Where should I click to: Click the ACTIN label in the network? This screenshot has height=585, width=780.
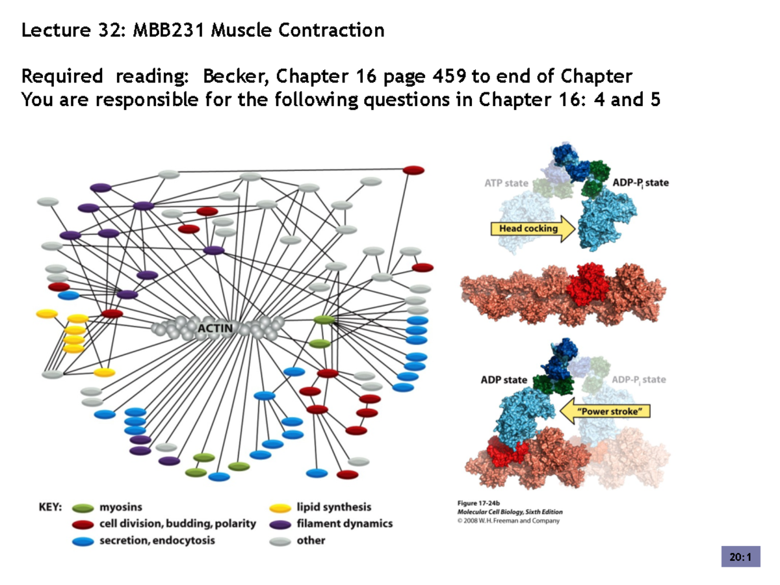[x=214, y=327]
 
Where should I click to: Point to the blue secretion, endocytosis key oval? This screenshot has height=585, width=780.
[x=83, y=540]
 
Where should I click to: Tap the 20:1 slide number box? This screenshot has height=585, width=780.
[x=740, y=557]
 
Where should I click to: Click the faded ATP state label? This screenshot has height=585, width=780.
[x=506, y=183]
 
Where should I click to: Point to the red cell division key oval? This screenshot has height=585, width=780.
[x=83, y=524]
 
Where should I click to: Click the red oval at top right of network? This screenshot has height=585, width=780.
[x=413, y=170]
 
